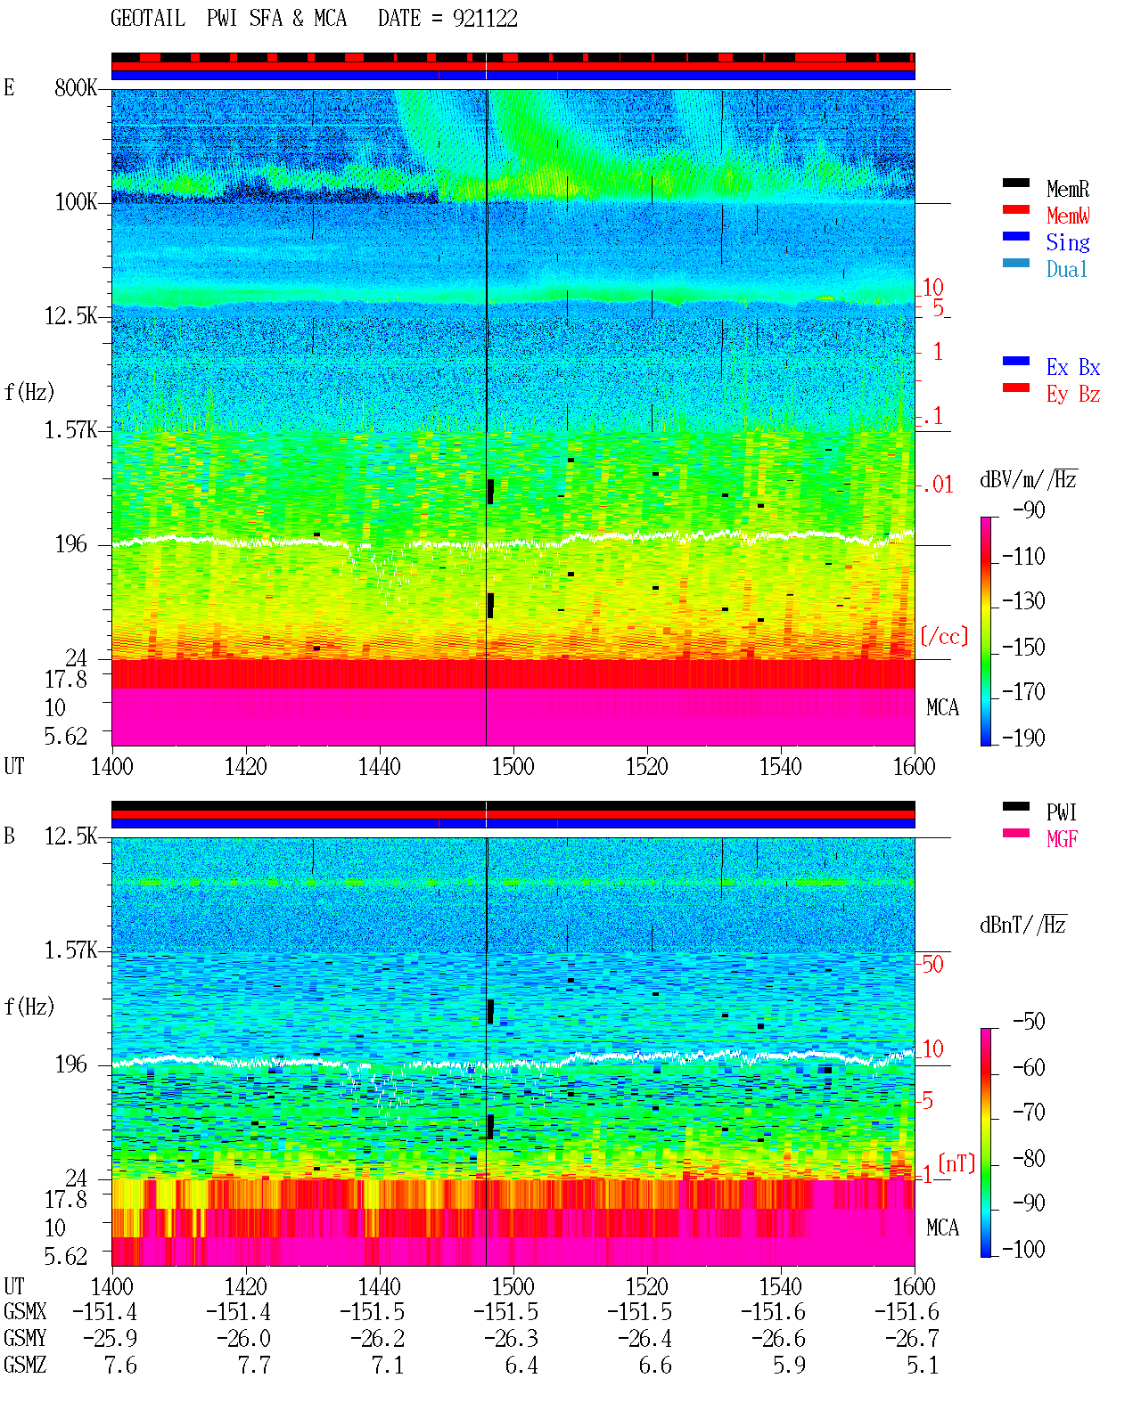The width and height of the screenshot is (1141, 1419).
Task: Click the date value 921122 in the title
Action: tap(485, 19)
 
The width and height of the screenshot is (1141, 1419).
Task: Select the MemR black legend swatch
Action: tap(1015, 183)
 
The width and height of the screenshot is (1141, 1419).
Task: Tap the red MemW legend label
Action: tap(1068, 216)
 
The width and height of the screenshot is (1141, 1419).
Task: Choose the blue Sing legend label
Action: tap(1067, 242)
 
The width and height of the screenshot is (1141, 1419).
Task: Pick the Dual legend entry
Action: tap(1066, 269)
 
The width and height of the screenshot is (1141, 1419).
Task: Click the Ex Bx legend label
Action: tap(1073, 367)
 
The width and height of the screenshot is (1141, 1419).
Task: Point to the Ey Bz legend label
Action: tap(1073, 395)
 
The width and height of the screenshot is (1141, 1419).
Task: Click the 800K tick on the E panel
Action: tap(76, 88)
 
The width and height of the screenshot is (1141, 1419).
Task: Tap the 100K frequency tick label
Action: tap(76, 202)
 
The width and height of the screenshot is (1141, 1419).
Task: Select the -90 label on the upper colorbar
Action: tap(1029, 510)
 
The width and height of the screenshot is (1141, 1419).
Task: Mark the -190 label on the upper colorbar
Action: tap(1023, 738)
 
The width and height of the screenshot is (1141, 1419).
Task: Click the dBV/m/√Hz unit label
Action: tap(1029, 479)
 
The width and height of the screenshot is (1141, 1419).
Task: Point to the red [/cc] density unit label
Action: tap(944, 636)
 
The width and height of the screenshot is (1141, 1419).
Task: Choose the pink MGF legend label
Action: tap(1062, 839)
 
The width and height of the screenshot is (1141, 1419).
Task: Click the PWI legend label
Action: tap(1061, 812)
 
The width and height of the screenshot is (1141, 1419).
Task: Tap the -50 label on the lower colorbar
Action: tap(1029, 1022)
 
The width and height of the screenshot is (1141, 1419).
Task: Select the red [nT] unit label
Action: tap(956, 1163)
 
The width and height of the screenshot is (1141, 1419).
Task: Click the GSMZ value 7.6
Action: tap(120, 1365)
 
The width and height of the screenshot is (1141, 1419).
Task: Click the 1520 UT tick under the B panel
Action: tap(647, 1286)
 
